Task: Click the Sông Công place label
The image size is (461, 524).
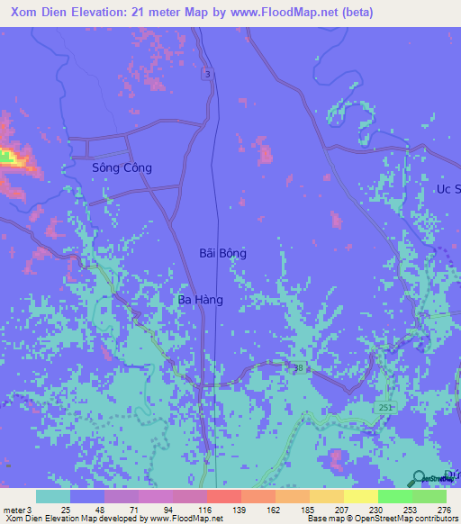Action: pyautogui.click(x=122, y=167)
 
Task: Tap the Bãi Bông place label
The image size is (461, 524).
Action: pyautogui.click(x=222, y=254)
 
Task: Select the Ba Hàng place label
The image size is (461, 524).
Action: pyautogui.click(x=200, y=299)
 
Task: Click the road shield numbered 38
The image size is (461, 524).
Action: pyautogui.click(x=296, y=368)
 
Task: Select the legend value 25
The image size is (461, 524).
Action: pyautogui.click(x=65, y=509)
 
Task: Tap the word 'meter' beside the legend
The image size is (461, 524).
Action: pyautogui.click(x=12, y=509)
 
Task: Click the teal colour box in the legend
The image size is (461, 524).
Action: pyautogui.click(x=53, y=496)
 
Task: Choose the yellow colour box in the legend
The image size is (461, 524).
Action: pyautogui.click(x=360, y=496)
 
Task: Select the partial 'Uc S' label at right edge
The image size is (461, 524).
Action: pyautogui.click(x=447, y=189)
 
